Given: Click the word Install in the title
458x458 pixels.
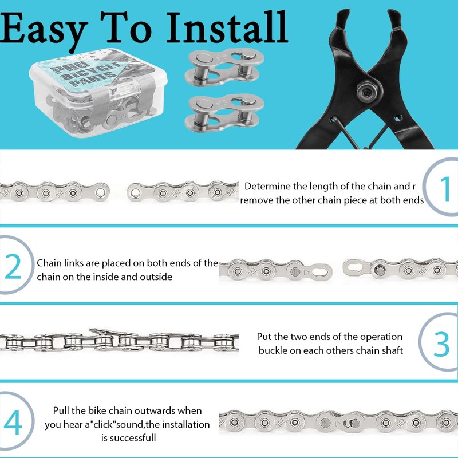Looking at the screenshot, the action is pyautogui.click(x=227, y=27).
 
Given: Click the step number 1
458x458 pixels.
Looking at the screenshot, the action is pyautogui.click(x=445, y=189).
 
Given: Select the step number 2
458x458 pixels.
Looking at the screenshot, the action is pyautogui.click(x=13, y=267).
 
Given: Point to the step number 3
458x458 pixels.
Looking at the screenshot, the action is pyautogui.click(x=441, y=344).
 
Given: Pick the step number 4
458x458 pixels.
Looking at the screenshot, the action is pyautogui.click(x=13, y=423).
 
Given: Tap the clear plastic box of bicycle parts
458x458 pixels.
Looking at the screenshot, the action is pyautogui.click(x=98, y=93).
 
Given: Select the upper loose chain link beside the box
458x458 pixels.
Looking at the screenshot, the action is pyautogui.click(x=224, y=66).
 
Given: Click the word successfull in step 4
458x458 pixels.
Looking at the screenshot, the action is pyautogui.click(x=128, y=438).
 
